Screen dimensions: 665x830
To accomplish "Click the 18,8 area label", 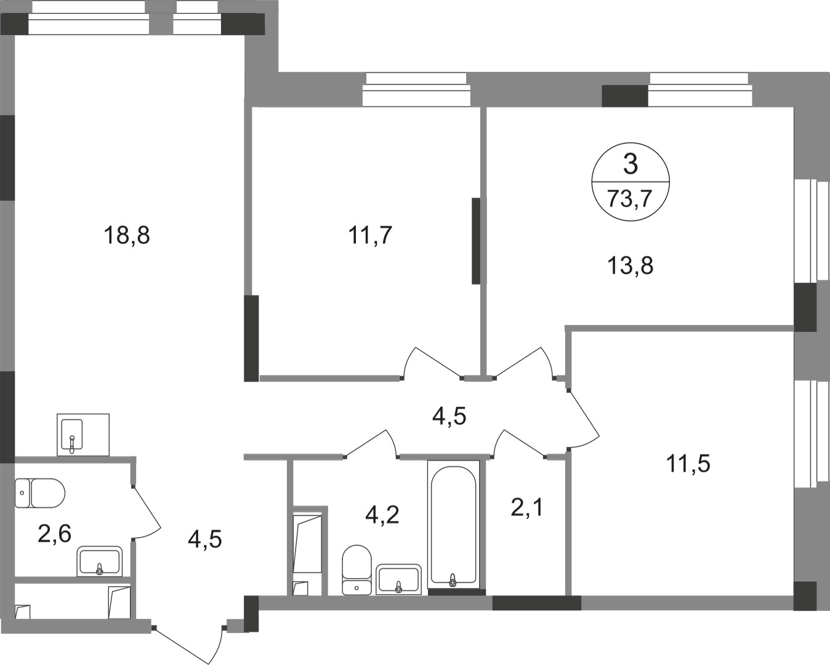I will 127,235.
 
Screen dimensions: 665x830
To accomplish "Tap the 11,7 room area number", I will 370,235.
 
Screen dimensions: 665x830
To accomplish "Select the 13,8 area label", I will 630,266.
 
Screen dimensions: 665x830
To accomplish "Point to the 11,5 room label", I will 688,463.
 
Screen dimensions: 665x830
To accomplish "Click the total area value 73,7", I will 629,199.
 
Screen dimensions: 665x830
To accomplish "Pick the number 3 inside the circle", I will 630,164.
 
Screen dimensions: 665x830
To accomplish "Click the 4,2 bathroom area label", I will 382,514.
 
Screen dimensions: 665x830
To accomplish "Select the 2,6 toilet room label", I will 54,534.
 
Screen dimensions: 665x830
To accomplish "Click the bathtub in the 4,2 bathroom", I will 453,523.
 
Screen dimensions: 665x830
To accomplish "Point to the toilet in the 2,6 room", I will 40,493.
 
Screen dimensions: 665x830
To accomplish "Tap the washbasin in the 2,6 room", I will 99,561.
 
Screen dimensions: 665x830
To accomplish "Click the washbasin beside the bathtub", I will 399,579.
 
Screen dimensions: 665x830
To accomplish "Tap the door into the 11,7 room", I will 431,363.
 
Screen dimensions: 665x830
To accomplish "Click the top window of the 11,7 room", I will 416,90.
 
